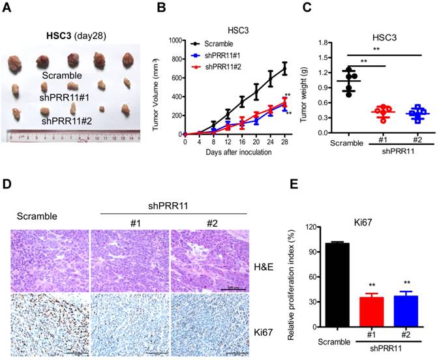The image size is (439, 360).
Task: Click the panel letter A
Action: [x=6, y=7]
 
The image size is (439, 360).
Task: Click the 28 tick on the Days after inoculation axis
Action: [x=284, y=140]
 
